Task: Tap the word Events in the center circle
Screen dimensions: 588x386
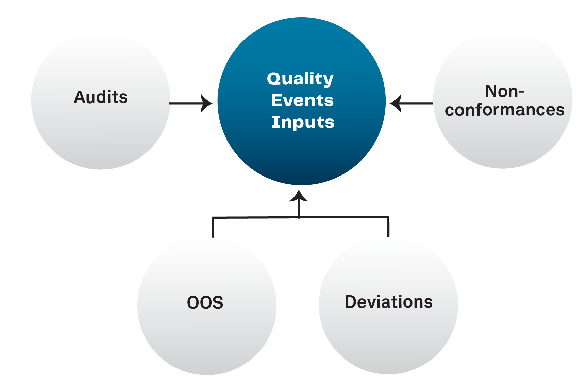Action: [302, 100]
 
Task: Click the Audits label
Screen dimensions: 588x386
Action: [101, 97]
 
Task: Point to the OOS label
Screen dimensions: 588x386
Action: [205, 302]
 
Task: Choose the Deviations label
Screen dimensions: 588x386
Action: [388, 302]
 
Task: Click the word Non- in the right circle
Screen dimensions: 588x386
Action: [505, 91]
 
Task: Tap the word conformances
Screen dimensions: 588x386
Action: [505, 110]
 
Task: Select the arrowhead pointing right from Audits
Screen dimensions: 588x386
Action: [206, 103]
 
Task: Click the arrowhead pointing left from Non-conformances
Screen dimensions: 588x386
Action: [396, 103]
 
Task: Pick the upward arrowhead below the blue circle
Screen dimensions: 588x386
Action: [299, 196]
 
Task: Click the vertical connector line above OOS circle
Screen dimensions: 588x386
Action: [213, 227]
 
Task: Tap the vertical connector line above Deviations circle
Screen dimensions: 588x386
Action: [388, 226]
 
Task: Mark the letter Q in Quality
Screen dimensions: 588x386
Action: [274, 79]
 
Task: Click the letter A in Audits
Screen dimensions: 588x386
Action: [80, 97]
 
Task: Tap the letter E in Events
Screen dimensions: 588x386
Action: [277, 100]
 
